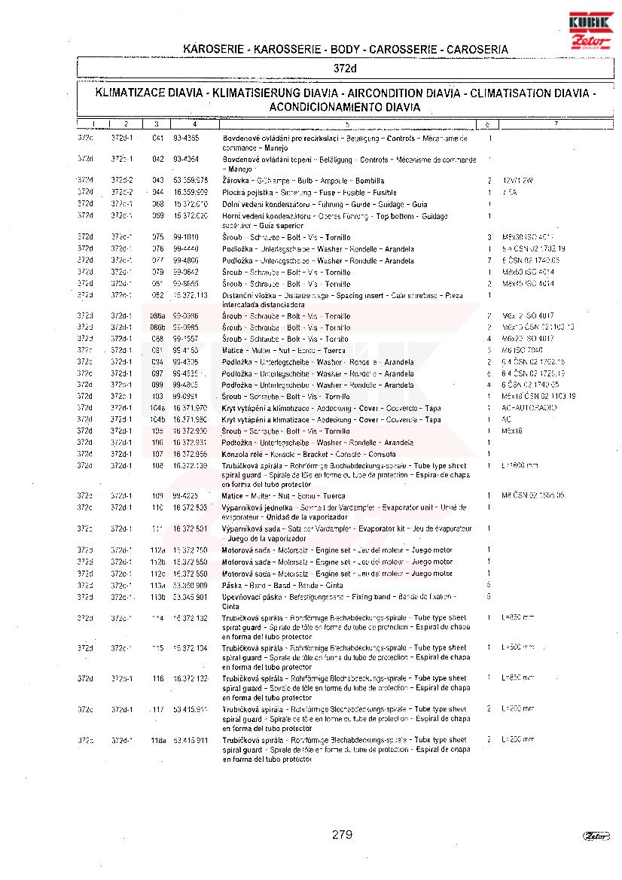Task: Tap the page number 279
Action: pyautogui.click(x=342, y=834)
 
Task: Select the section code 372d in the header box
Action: pyautogui.click(x=344, y=69)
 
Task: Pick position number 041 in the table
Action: pyautogui.click(x=157, y=139)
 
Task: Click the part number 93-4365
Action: pyautogui.click(x=186, y=139)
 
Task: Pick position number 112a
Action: pyautogui.click(x=157, y=550)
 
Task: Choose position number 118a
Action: pyautogui.click(x=157, y=741)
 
